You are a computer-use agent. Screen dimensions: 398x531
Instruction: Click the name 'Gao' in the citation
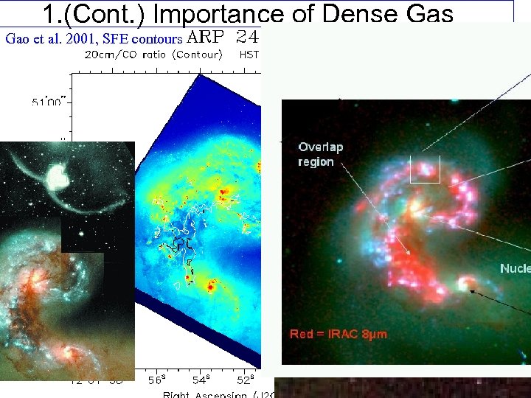[18, 38]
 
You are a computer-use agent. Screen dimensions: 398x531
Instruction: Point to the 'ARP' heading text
[209, 35]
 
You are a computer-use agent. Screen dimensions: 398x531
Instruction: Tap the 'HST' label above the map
[249, 54]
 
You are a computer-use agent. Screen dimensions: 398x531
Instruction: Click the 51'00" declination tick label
[46, 102]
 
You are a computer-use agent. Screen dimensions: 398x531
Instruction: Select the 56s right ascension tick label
[156, 380]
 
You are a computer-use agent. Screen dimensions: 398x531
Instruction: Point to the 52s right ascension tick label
[246, 380]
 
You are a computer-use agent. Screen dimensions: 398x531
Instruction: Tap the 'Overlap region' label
[321, 155]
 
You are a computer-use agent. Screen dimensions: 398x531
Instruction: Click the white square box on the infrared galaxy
[425, 170]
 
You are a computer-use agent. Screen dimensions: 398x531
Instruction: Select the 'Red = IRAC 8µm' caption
[338, 335]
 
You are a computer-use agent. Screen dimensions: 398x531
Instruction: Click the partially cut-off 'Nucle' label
[515, 269]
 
